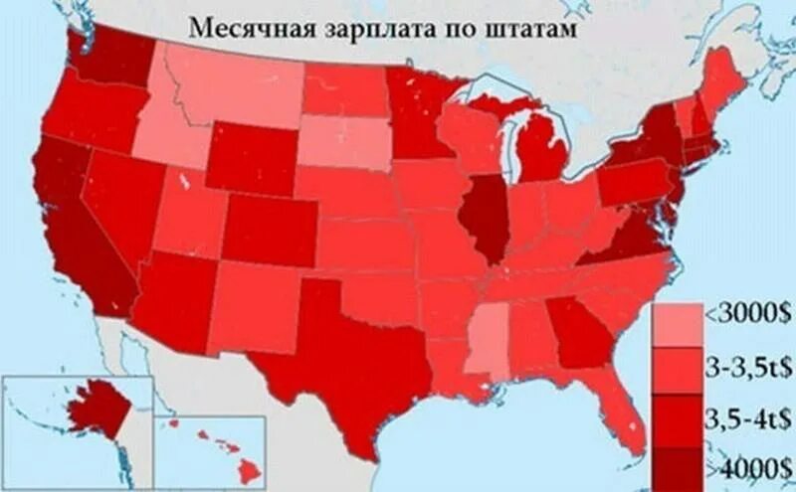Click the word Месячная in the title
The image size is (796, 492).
click(x=245, y=27)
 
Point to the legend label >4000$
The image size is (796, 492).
click(x=751, y=464)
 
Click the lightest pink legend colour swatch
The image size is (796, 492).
click(x=676, y=323)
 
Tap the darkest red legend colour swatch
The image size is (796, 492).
click(x=676, y=466)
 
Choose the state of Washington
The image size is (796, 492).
click(x=109, y=55)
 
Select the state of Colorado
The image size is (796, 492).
click(x=269, y=229)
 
